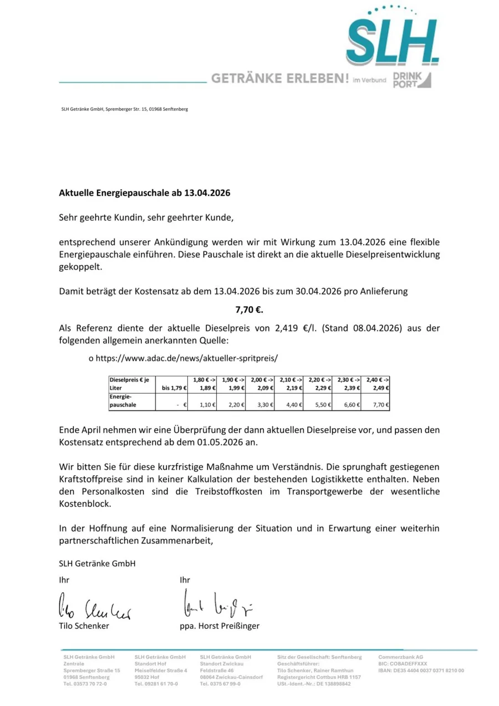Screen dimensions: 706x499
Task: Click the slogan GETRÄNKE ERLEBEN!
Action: pos(279,79)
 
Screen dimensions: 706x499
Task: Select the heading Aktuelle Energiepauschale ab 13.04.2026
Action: pos(144,194)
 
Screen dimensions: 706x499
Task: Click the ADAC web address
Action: pos(186,358)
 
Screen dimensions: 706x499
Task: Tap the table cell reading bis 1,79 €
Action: pos(174,388)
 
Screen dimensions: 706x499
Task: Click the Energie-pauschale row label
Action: pos(123,401)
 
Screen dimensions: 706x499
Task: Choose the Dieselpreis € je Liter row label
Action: pos(125,384)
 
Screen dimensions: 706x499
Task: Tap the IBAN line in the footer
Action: pos(421,671)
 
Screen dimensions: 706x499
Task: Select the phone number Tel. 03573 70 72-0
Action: pos(85,684)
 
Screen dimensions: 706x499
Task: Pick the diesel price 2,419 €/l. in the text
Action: pos(296,328)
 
